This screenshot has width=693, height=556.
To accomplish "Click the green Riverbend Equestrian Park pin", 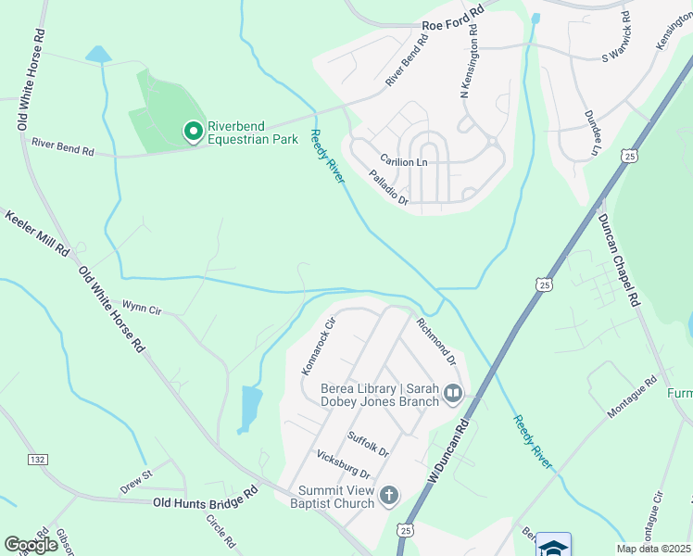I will pos(193,133).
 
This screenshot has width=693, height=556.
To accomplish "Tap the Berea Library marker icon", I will pos(453,395).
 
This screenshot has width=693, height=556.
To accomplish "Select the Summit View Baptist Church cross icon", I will pos(388,497).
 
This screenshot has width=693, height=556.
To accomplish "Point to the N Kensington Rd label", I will pos(471,66).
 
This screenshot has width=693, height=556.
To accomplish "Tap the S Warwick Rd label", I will pos(617,43).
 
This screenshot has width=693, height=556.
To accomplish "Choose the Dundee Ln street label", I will pos(591,133).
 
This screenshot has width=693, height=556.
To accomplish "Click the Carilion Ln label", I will pos(404,161).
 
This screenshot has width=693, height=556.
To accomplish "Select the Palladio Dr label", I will pos(388,186).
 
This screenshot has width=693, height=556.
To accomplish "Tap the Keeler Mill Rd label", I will pos(37,233).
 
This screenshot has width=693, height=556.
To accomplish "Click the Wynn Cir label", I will pos(142,309).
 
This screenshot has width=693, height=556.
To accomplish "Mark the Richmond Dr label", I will pos(436,341).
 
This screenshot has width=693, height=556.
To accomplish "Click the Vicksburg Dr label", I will pos(344,463).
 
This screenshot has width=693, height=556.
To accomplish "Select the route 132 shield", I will pos(37,460).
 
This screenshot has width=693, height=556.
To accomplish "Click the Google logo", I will pos(31,545).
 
